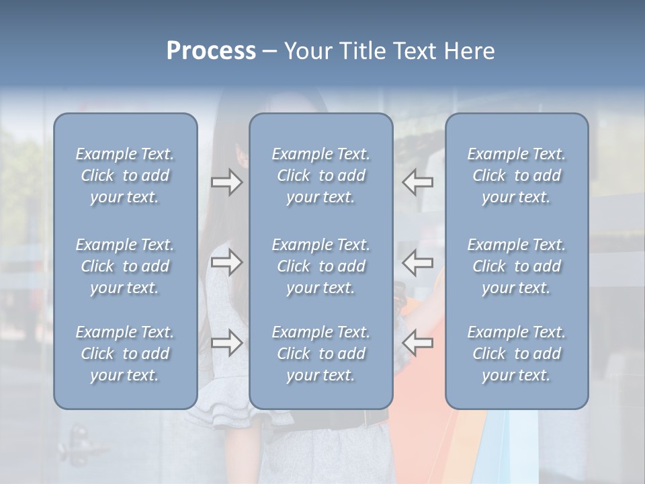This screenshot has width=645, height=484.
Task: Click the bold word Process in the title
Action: [x=211, y=51]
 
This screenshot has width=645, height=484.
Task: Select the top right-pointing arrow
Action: [x=227, y=182]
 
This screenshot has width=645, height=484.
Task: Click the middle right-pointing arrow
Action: [x=227, y=262]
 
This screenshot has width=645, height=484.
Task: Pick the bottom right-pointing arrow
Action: [x=227, y=343]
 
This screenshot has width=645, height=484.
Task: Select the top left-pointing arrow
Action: [x=418, y=182]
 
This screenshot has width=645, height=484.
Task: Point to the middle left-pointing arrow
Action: [x=418, y=262]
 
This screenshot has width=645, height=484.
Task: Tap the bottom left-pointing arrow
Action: [x=418, y=343]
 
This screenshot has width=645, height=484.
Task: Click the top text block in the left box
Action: [x=125, y=175]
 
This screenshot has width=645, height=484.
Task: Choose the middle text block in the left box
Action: [x=125, y=266]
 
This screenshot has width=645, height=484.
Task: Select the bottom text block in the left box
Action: [x=125, y=354]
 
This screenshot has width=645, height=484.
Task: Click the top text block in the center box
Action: [x=321, y=175]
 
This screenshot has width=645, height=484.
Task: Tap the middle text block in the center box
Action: [x=321, y=266]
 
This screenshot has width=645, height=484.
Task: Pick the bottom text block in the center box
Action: [x=321, y=354]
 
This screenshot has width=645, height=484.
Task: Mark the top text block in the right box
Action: [x=517, y=175]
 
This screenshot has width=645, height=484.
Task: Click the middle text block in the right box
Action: [x=517, y=266]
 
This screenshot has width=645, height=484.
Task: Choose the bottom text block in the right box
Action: [x=517, y=354]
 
